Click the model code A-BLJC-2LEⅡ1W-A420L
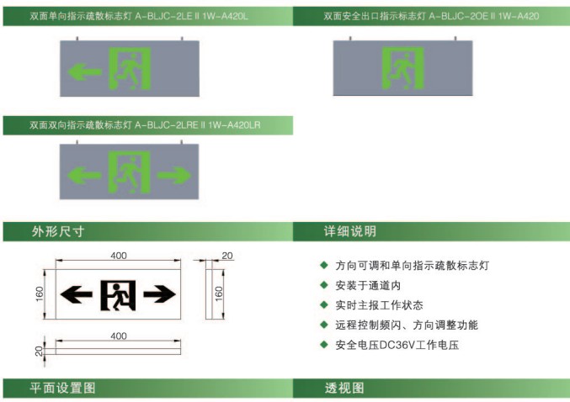(x=191, y=16)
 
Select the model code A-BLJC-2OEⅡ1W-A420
(x=484, y=16)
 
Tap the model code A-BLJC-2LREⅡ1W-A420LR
(x=197, y=125)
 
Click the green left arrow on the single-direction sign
(x=84, y=71)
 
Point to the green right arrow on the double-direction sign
(x=174, y=175)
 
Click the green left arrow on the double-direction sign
(x=84, y=176)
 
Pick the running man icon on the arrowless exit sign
(x=402, y=68)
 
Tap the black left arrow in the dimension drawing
(x=76, y=294)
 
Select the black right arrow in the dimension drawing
(x=160, y=294)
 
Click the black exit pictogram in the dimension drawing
(x=118, y=295)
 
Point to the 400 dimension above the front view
(x=119, y=256)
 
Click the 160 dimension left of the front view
(x=40, y=294)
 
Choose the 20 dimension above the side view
(x=227, y=256)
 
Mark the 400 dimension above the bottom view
(x=119, y=336)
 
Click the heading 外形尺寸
(x=58, y=231)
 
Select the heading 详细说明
(x=350, y=231)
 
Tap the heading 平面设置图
(x=62, y=388)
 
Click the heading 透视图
(x=344, y=388)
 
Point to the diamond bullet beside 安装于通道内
(x=324, y=285)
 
